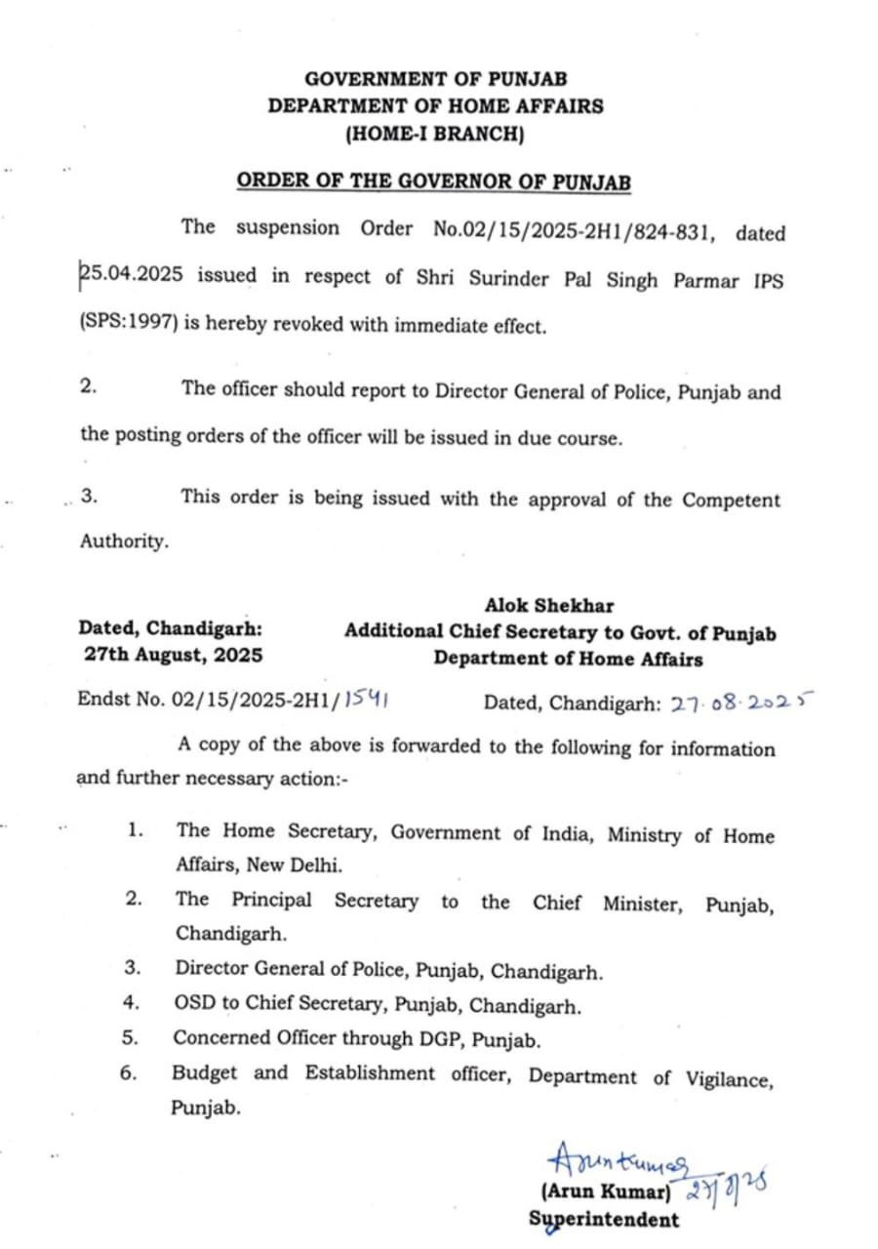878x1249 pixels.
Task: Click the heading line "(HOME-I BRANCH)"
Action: point(435,136)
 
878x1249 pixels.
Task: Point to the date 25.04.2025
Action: point(136,276)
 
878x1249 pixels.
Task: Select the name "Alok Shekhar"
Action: point(550,606)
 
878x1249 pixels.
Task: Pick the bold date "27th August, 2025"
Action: point(174,655)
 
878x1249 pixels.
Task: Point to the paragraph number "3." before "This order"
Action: point(90,496)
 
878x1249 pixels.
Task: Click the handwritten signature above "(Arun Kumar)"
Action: point(619,1161)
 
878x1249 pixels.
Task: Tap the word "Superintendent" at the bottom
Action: point(604,1220)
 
